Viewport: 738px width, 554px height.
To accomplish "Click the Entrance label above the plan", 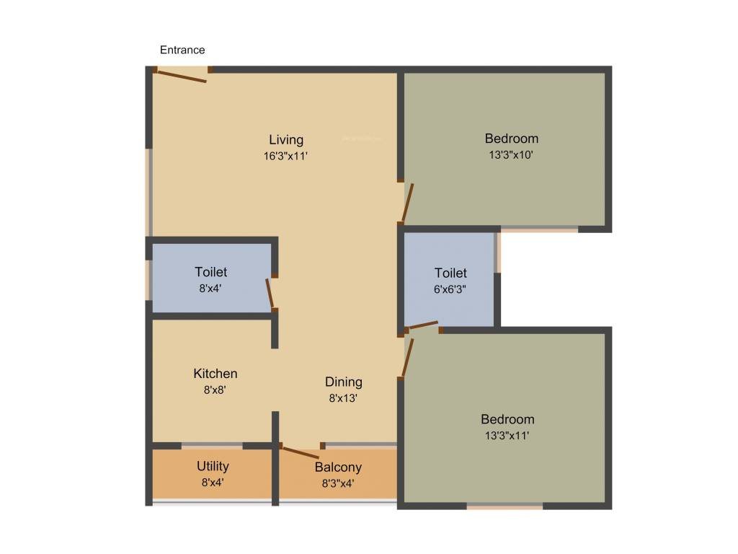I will click(x=182, y=50).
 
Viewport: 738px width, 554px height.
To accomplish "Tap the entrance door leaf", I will click(x=182, y=76).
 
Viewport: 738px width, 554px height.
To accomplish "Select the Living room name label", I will click(x=286, y=139).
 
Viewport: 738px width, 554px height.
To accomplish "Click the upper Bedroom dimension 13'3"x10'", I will click(x=511, y=154).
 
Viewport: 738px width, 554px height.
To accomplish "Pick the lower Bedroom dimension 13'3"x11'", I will click(x=508, y=435).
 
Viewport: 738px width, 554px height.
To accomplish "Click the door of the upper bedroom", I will click(x=408, y=202).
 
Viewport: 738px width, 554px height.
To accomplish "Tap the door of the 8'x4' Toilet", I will click(x=270, y=293).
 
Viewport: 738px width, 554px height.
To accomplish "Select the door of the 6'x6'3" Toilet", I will click(x=423, y=325).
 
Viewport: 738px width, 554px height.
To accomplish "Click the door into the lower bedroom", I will click(x=407, y=356).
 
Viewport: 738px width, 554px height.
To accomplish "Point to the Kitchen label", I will click(x=215, y=374).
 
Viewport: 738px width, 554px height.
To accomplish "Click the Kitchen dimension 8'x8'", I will click(x=215, y=390).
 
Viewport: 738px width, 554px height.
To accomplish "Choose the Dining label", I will click(x=344, y=382).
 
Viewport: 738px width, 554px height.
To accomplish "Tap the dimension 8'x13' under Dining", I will click(x=344, y=397).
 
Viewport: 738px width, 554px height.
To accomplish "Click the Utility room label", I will click(x=213, y=466).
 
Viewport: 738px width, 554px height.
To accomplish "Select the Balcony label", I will click(x=338, y=467).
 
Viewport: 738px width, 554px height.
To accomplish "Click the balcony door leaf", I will click(x=301, y=452).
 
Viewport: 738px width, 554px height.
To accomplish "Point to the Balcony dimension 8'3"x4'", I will click(x=338, y=483).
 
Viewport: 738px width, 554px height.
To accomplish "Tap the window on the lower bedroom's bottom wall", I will click(x=504, y=506).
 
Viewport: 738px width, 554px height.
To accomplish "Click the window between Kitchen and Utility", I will click(x=212, y=445).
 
